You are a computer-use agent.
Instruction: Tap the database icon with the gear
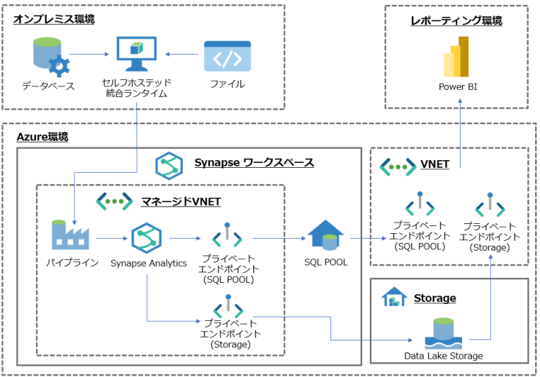[51, 57]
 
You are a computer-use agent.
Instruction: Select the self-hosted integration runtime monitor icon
[136, 55]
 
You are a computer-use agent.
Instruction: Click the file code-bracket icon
[227, 56]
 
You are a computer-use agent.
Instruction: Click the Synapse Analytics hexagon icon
[147, 238]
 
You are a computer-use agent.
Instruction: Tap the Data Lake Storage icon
[443, 333]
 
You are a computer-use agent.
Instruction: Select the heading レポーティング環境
[456, 21]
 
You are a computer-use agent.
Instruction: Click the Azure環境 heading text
[43, 137]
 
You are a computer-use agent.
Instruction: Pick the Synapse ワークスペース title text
[254, 163]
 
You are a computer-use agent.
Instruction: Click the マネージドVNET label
[181, 202]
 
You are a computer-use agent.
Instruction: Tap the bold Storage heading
[435, 298]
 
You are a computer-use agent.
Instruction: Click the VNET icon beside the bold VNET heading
[397, 166]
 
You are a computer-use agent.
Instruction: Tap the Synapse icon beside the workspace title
[169, 164]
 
